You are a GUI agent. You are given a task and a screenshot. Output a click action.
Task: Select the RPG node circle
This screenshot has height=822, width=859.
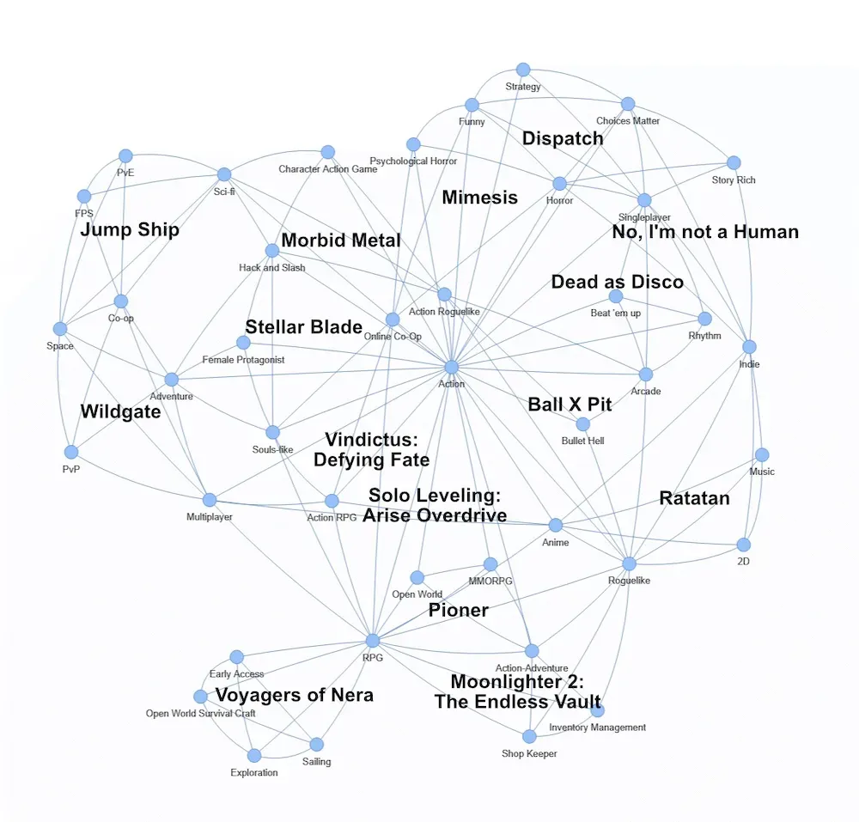coord(372,641)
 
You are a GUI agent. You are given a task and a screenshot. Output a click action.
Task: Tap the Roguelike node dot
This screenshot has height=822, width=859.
coord(629,563)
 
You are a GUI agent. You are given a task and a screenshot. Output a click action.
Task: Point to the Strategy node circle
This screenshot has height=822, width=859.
coord(522,70)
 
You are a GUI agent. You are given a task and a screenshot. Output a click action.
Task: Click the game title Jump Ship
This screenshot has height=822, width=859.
coord(130,230)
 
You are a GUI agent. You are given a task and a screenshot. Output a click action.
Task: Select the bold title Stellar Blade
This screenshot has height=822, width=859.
coord(304,327)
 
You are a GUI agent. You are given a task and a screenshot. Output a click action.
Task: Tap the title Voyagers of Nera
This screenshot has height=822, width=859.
coord(294,695)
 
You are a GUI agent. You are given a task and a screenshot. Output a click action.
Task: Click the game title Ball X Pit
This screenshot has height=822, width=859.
coord(570,405)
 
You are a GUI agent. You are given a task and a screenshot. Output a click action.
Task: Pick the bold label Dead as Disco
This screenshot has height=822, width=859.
coord(617,282)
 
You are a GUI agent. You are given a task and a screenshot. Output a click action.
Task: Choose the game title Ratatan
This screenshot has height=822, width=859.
coord(694,498)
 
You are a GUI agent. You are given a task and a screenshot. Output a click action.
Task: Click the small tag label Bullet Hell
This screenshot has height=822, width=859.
coord(583,441)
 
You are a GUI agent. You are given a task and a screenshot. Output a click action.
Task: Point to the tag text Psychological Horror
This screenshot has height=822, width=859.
coord(413,161)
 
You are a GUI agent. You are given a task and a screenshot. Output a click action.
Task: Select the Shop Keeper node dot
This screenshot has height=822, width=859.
coord(529,736)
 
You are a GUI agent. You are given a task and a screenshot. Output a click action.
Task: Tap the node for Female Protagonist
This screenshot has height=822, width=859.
coord(243,343)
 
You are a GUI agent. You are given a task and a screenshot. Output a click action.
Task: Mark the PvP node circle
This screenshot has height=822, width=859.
coord(71,452)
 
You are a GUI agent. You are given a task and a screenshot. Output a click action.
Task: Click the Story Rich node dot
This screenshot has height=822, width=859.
coord(733,162)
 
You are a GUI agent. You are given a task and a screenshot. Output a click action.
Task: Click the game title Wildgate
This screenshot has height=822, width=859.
coord(120,411)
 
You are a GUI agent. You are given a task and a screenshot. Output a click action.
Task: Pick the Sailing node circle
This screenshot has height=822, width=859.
coord(316,744)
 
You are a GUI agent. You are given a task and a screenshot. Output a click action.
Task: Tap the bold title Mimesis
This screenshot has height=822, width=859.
coord(479,198)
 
